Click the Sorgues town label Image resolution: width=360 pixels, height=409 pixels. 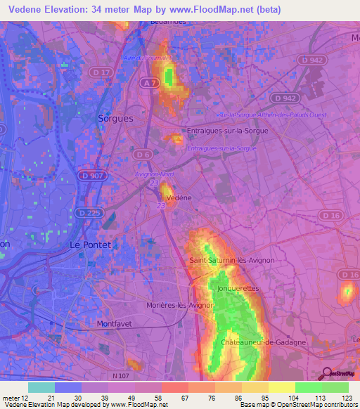click(x=116, y=119)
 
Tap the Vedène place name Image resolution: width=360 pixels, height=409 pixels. click(x=179, y=198)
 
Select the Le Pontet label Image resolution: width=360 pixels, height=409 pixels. click(x=91, y=245)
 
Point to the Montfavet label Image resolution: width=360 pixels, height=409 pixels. click(x=114, y=324)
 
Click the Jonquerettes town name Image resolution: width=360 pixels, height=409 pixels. click(x=238, y=288)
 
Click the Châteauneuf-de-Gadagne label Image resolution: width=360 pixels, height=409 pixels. click(x=263, y=342)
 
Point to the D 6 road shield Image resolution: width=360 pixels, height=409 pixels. click(x=143, y=154)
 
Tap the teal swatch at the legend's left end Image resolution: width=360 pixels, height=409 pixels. click(x=41, y=387)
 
